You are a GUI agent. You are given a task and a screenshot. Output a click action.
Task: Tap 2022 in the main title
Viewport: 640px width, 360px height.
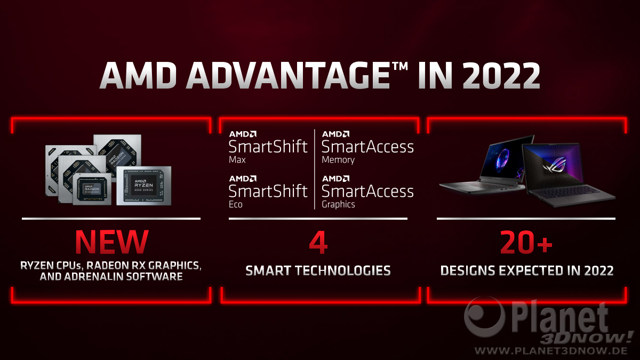[x=501, y=75]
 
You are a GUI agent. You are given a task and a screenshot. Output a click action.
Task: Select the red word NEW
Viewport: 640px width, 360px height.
[x=111, y=242]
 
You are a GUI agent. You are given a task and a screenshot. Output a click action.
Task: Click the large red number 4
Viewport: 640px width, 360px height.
[x=318, y=243]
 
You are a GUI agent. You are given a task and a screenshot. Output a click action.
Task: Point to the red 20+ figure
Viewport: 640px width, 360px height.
[x=526, y=242]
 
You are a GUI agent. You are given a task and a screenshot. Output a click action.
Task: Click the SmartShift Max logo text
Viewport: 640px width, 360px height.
[x=268, y=147]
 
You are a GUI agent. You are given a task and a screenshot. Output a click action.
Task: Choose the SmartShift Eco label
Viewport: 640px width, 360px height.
[x=268, y=192]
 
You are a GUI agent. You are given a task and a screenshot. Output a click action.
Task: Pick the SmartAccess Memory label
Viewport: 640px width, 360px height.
[x=367, y=147]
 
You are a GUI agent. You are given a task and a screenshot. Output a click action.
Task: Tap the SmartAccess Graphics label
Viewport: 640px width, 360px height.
[x=367, y=192]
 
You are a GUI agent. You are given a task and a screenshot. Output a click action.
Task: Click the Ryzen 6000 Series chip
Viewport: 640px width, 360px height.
[x=144, y=186]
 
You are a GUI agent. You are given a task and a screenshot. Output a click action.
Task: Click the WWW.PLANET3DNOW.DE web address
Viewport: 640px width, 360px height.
[x=551, y=351]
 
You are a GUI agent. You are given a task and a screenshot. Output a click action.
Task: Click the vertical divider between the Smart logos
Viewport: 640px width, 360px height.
[x=315, y=169]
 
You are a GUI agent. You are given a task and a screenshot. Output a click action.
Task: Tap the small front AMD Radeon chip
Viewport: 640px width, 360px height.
[x=92, y=189]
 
